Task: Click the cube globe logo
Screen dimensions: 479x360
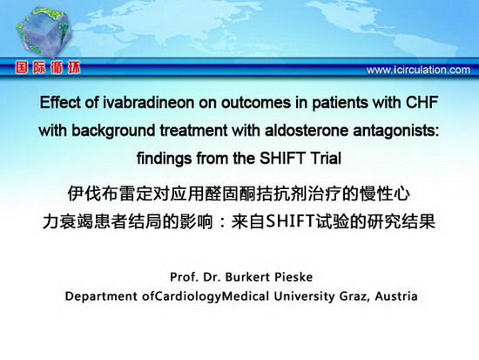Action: click(44, 32)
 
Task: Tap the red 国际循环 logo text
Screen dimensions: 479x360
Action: click(48, 68)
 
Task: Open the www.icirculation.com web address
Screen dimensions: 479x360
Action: click(418, 70)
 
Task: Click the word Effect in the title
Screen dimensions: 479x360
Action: click(61, 102)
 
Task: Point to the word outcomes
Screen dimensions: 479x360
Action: click(256, 103)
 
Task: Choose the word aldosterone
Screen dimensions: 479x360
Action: click(307, 130)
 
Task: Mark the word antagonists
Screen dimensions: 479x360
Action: click(396, 131)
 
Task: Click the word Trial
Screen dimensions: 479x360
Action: click(326, 158)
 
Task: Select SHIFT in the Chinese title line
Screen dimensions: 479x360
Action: click(290, 221)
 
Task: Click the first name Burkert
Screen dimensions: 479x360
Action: click(247, 277)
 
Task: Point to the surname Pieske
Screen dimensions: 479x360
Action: click(293, 277)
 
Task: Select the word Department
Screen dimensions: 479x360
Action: click(101, 296)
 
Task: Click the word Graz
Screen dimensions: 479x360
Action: click(355, 296)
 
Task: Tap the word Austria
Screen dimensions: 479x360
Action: click(396, 296)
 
